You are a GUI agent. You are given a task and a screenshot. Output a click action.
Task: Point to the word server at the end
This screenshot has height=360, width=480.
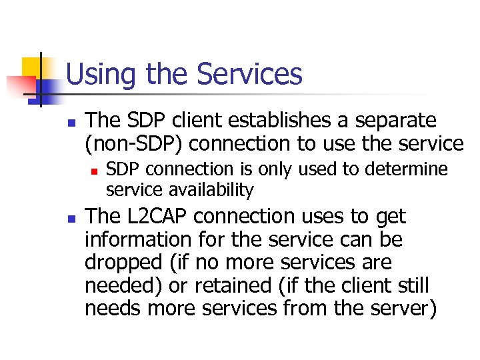coord(407,308)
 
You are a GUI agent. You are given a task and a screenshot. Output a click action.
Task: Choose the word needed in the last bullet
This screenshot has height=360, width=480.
coord(116,285)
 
